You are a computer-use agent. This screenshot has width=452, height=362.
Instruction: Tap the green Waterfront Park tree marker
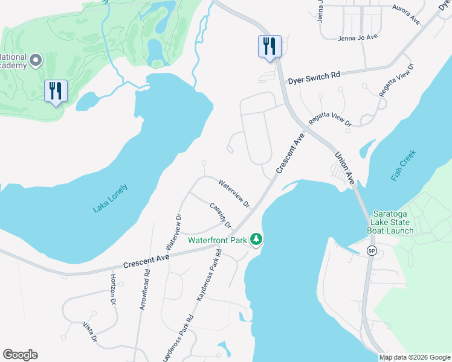pyautogui.click(x=256, y=240)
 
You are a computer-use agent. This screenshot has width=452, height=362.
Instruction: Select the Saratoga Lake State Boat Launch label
pyautogui.click(x=393, y=223)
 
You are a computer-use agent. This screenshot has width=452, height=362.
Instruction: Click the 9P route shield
pyautogui.click(x=372, y=250)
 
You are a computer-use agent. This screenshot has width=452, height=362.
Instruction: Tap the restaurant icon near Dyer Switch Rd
pyautogui.click(x=269, y=46)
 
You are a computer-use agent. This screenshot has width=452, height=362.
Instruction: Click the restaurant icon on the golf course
pyautogui.click(x=56, y=91)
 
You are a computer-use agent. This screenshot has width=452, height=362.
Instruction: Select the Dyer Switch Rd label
pyautogui.click(x=314, y=75)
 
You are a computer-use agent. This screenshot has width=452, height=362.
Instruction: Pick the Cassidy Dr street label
pyautogui.click(x=221, y=215)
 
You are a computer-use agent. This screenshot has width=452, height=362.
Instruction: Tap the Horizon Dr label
pyautogui.click(x=113, y=289)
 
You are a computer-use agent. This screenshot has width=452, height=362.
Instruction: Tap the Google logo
pyautogui.click(x=20, y=355)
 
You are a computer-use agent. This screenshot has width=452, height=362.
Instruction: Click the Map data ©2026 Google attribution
pyautogui.click(x=415, y=357)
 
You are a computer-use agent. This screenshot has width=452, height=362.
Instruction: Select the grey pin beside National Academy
pyautogui.click(x=36, y=60)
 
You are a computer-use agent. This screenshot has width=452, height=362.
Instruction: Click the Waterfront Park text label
pyautogui.click(x=218, y=240)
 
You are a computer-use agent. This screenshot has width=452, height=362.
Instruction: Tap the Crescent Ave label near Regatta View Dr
pyautogui.click(x=289, y=154)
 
